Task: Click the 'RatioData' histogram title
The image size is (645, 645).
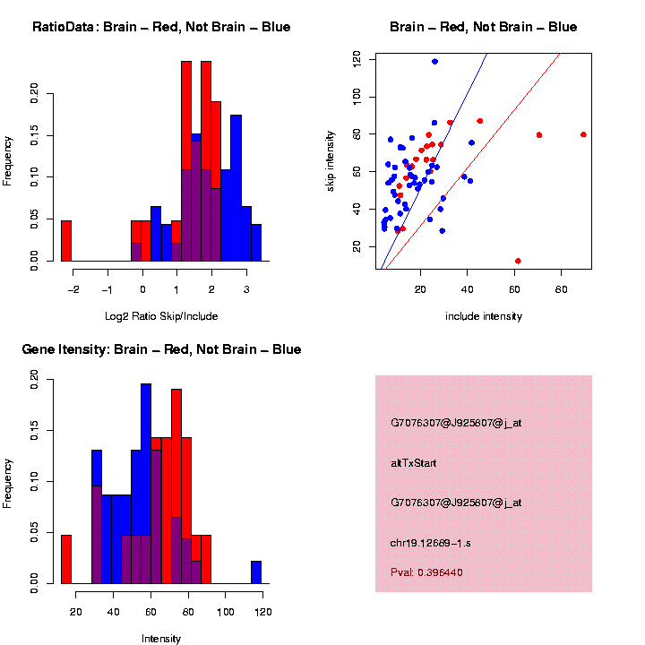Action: (x=161, y=27)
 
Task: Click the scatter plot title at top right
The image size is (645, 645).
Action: (x=483, y=27)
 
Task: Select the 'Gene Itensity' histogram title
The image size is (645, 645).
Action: (x=161, y=349)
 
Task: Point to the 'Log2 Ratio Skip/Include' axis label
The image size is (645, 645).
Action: (x=161, y=316)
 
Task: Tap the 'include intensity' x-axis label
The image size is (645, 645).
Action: (x=484, y=316)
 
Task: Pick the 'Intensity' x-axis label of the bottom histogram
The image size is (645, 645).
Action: (x=161, y=639)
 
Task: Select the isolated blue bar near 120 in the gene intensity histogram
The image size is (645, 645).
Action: (x=256, y=572)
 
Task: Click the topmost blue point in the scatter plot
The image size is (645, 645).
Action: (x=434, y=62)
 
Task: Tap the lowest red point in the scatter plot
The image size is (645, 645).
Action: (x=518, y=261)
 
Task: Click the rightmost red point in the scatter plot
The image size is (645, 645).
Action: (x=583, y=134)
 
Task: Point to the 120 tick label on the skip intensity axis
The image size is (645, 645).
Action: (x=356, y=59)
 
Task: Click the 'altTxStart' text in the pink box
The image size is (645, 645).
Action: (x=414, y=463)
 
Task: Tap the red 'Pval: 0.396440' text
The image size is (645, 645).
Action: (x=426, y=572)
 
